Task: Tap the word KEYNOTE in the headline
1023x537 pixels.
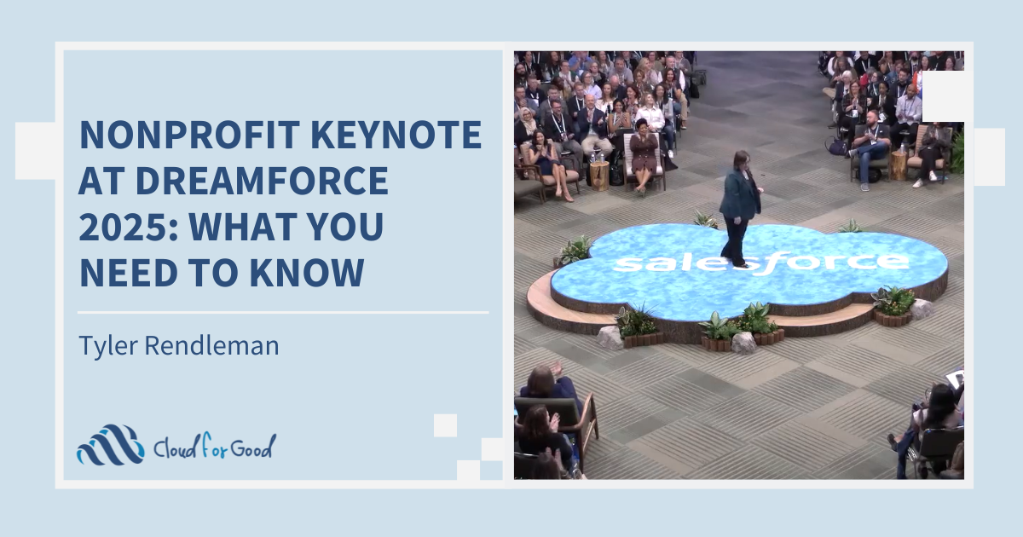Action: click(396, 135)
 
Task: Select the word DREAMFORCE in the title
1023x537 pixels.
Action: click(263, 181)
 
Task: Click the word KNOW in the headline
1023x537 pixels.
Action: click(307, 272)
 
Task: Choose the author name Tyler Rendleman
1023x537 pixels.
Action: click(178, 345)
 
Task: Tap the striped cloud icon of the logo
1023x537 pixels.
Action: click(111, 445)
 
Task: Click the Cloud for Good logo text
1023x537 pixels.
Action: click(215, 446)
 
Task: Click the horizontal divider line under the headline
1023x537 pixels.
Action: click(283, 313)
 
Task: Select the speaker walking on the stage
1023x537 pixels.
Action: click(740, 209)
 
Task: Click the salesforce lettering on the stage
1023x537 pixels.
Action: click(760, 263)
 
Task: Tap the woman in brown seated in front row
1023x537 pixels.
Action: click(644, 155)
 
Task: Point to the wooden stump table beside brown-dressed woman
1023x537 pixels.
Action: click(599, 176)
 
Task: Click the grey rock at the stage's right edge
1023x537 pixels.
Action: click(921, 309)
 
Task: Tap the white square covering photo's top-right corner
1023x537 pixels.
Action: click(943, 96)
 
